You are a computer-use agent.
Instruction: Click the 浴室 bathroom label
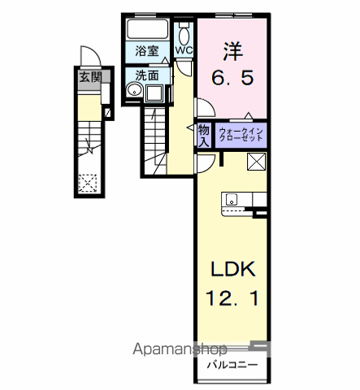(x=147, y=51)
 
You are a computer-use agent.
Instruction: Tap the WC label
(x=184, y=50)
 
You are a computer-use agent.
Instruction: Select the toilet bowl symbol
(x=184, y=34)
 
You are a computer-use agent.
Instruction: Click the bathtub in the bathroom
(x=147, y=29)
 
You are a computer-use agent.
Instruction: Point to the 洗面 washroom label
(x=147, y=76)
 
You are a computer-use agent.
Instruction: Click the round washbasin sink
(x=134, y=89)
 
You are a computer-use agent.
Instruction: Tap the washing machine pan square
(x=154, y=93)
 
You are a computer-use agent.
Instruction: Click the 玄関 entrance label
(x=90, y=77)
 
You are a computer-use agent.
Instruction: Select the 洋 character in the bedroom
(x=232, y=51)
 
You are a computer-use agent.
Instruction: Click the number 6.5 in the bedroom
(x=232, y=78)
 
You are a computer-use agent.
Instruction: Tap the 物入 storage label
(x=204, y=136)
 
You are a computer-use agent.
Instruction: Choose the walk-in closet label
(x=241, y=135)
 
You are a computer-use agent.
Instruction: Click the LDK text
(x=233, y=269)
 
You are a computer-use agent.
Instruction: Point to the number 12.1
(x=232, y=298)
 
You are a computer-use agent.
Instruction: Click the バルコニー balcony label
(x=232, y=365)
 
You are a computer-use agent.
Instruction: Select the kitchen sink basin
(x=232, y=200)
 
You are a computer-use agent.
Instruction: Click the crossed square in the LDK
(x=256, y=162)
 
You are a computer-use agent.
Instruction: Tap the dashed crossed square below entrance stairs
(x=88, y=184)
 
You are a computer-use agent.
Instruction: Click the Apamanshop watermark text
(x=180, y=349)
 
